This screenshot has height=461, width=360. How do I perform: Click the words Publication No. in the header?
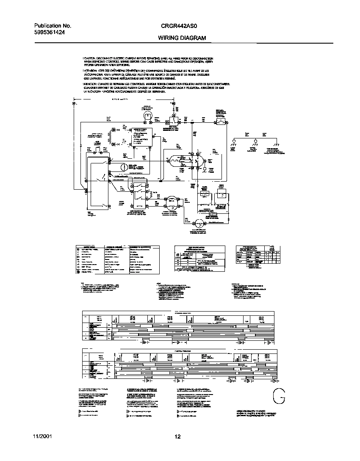click(49, 26)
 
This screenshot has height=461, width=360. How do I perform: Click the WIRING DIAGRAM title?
click(182, 38)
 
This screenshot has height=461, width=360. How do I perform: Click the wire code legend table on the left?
click(118, 259)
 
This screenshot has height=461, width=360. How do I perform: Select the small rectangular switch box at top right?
click(221, 122)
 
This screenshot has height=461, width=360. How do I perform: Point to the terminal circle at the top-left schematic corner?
click(74, 103)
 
